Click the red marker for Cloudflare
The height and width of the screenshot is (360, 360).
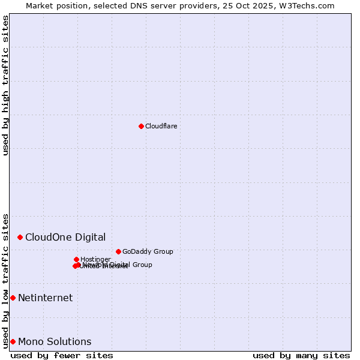(x=141, y=126)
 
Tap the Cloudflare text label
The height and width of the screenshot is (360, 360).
(x=161, y=126)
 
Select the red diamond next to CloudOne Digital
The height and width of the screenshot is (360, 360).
(x=20, y=238)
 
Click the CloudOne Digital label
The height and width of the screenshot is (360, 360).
(x=65, y=237)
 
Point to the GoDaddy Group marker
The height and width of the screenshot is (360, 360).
(x=118, y=251)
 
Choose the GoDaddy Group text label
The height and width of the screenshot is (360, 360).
(x=148, y=251)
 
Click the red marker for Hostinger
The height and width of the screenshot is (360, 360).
(x=76, y=259)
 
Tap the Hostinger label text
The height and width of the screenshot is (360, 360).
(x=95, y=259)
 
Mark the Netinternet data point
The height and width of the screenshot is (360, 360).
(x=13, y=298)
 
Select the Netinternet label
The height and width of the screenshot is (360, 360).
(x=45, y=298)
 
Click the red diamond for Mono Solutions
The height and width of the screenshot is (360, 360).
(x=13, y=341)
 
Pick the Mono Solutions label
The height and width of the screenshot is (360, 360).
(x=55, y=341)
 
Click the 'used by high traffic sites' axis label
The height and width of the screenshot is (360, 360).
(x=5, y=85)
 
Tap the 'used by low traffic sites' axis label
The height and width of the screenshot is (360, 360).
(x=5, y=280)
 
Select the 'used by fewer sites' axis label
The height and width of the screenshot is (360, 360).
(x=62, y=355)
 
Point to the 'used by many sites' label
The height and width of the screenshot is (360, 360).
(x=301, y=355)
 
